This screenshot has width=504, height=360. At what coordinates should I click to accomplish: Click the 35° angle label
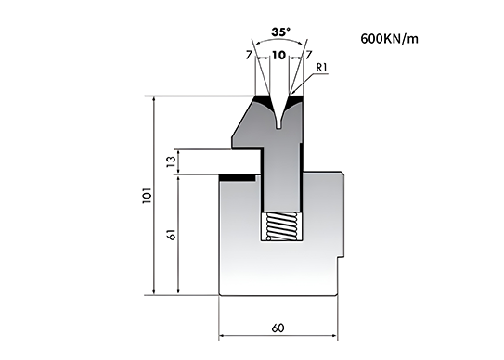tap(281, 32)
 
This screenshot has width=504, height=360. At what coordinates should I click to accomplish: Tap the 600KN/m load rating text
tap(390, 39)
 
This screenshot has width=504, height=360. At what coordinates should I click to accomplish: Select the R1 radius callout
tap(322, 68)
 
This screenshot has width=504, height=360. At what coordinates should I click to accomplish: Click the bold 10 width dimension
tap(279, 56)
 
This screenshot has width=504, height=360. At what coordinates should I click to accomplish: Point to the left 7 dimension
tap(249, 56)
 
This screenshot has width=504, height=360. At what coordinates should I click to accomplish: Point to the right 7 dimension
tap(308, 56)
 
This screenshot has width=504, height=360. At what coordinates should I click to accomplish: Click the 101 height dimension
tap(147, 195)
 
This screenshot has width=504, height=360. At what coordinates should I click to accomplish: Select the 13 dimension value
tap(172, 161)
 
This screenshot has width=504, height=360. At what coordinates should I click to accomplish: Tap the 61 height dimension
tap(172, 235)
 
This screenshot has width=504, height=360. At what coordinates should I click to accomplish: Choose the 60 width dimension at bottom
tap(278, 328)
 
